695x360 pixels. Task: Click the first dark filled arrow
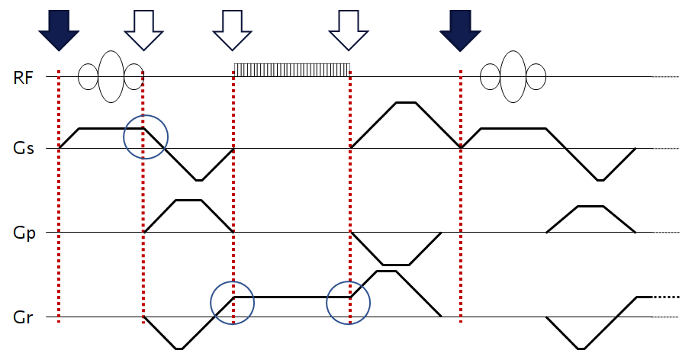58,29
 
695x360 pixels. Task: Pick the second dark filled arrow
460,29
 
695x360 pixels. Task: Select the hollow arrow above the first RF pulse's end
143,29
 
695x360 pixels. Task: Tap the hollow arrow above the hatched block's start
232,29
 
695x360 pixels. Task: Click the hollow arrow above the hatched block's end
348,29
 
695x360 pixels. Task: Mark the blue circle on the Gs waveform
146,137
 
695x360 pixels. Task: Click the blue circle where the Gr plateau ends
348,303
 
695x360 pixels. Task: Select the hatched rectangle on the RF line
291,69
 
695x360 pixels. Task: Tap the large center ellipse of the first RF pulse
111,76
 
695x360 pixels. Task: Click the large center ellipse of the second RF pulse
513,76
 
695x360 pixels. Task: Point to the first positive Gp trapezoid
188,217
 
